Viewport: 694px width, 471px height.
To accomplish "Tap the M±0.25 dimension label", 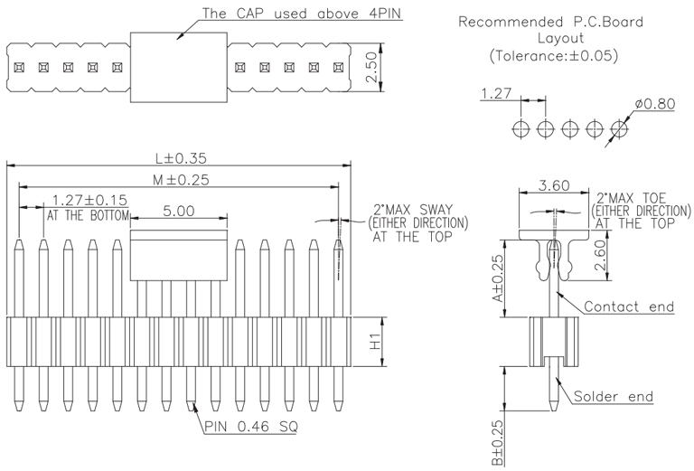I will (x=181, y=180).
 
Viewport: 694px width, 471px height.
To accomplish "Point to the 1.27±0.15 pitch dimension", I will (x=89, y=200).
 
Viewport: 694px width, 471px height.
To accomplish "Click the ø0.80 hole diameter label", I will (x=654, y=104).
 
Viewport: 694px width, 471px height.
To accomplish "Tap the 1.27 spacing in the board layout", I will (x=498, y=93).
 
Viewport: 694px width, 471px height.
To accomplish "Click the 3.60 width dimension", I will (x=553, y=185).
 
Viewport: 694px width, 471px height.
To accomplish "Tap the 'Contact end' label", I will (x=629, y=306).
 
